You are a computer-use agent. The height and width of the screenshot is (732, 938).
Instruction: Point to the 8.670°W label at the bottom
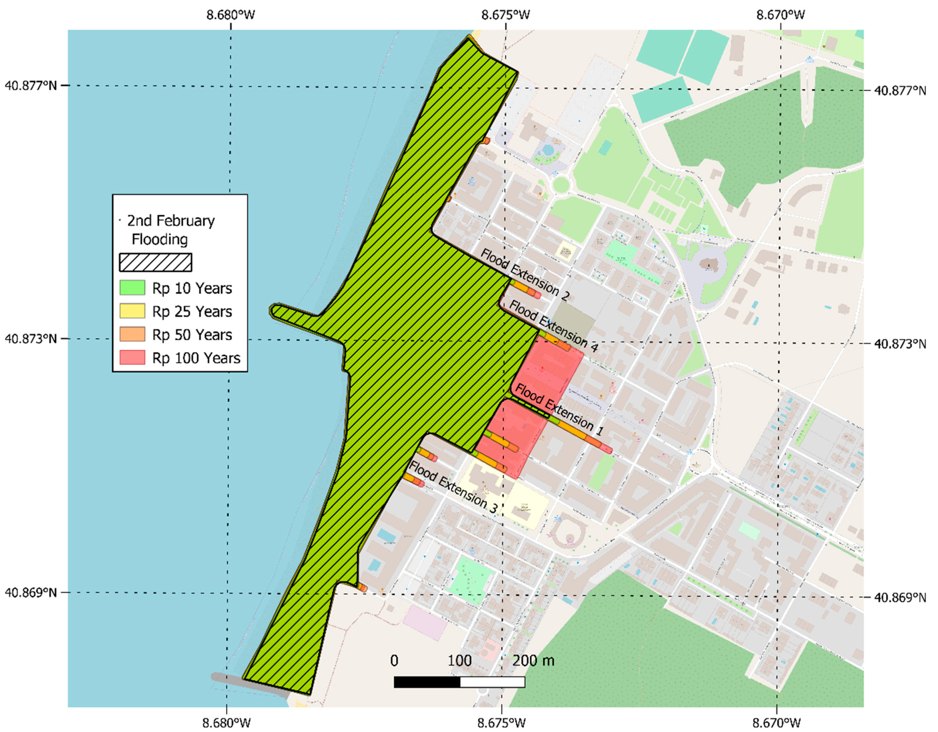pos(777,723)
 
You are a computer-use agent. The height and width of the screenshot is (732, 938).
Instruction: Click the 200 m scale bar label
pos(533,660)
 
